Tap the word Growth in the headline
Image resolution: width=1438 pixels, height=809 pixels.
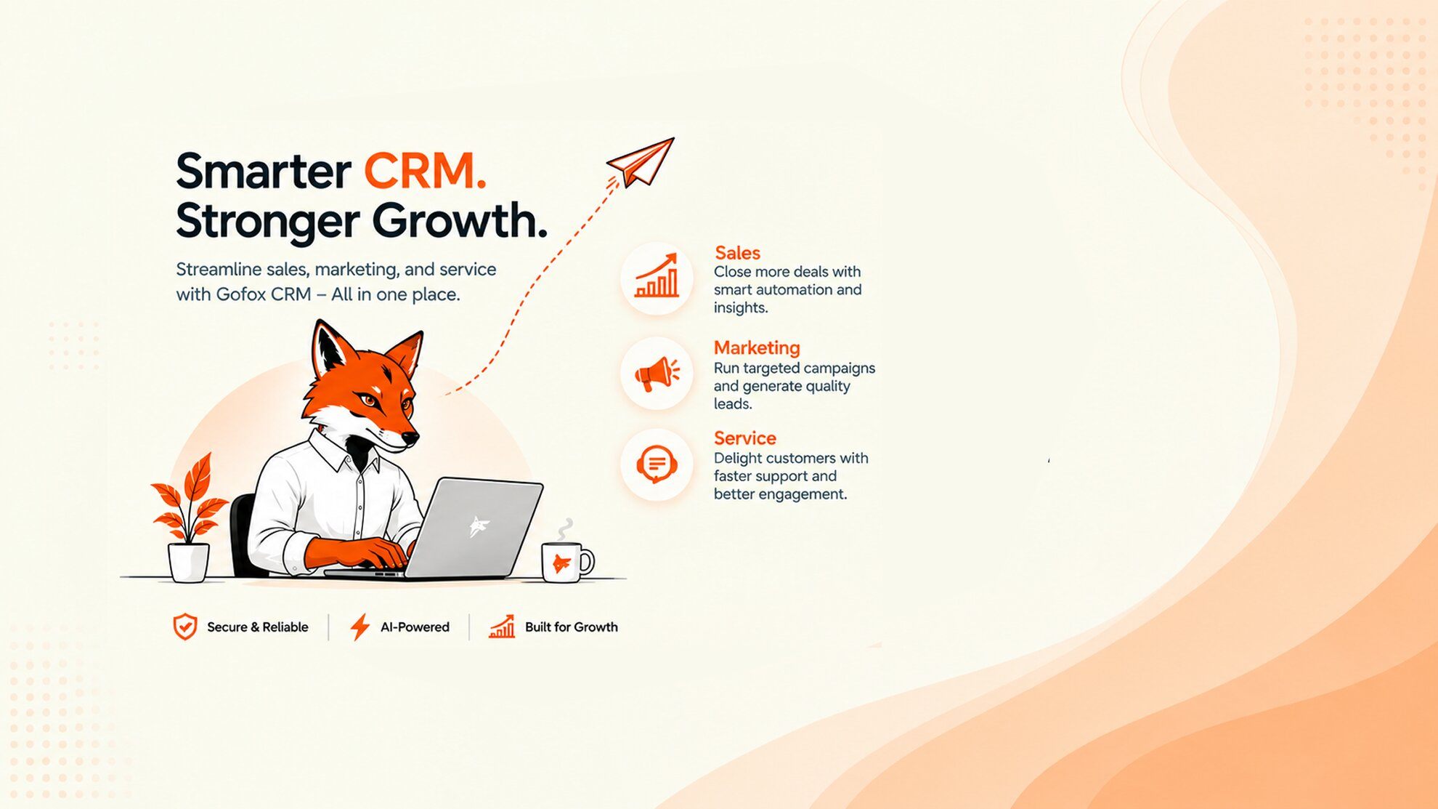tap(460, 221)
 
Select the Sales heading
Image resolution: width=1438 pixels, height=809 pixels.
tap(737, 252)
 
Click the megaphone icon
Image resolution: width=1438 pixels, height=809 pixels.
tap(657, 374)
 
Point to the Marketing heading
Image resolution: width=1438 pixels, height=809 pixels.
tap(757, 347)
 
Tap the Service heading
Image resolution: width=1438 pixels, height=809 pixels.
tap(745, 438)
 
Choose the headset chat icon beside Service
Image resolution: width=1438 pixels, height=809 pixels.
tap(657, 464)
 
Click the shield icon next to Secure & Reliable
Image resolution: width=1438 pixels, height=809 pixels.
tap(185, 627)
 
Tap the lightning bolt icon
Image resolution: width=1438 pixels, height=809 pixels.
tap(359, 627)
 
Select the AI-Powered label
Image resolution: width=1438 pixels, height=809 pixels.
tap(415, 627)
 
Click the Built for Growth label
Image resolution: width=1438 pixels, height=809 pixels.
tap(572, 627)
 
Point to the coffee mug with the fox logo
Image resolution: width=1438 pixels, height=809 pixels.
tap(566, 563)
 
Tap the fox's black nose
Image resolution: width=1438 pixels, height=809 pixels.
tap(410, 438)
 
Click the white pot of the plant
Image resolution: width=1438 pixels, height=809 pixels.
tap(189, 563)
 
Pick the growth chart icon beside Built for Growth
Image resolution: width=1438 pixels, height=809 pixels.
tap(502, 627)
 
